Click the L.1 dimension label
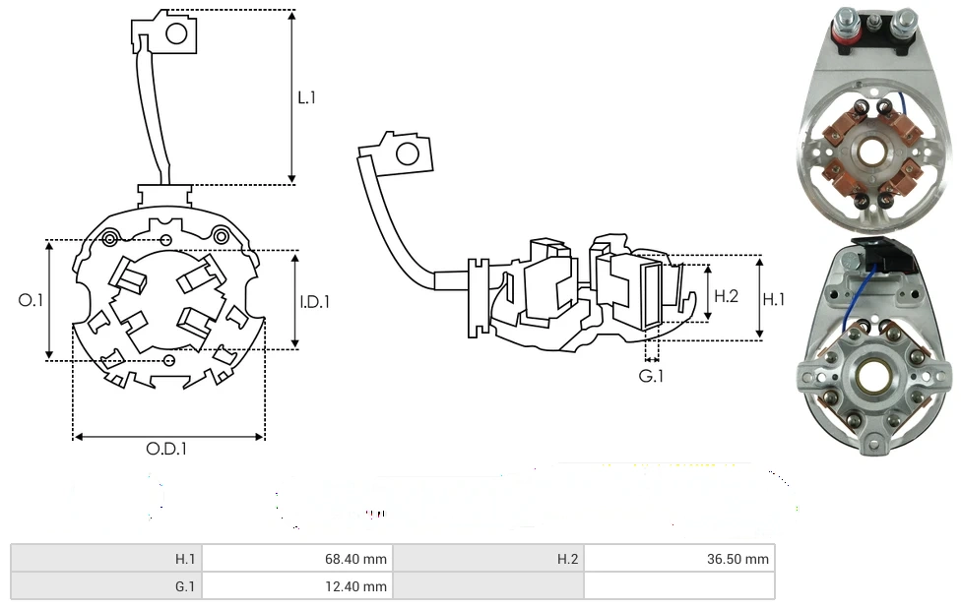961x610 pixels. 307,97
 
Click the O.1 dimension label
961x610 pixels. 31,300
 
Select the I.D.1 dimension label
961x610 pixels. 315,302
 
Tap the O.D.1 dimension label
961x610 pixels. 166,449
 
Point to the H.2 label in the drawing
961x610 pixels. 727,295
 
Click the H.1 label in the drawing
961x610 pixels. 775,299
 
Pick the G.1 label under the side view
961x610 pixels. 651,376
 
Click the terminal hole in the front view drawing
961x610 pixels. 177,34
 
